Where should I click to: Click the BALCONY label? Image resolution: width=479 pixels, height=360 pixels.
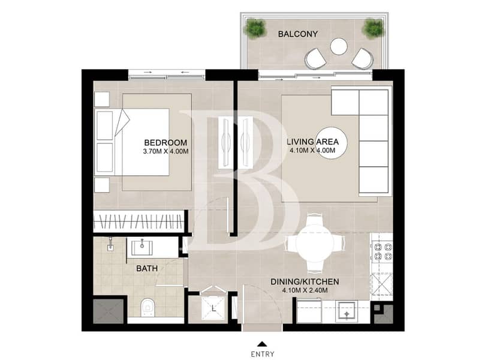298,34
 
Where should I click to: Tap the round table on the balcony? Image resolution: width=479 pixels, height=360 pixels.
339,46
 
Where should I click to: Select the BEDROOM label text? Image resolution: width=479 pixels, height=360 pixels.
165,143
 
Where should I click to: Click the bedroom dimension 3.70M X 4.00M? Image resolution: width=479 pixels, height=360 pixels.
165,151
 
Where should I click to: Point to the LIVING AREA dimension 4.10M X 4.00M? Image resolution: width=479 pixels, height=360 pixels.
312,151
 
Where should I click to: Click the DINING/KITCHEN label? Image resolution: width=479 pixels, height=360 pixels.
305,281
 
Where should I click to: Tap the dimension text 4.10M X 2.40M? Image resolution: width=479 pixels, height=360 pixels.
305,290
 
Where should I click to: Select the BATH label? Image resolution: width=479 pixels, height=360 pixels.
147,269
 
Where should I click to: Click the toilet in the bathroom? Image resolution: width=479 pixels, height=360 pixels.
148,307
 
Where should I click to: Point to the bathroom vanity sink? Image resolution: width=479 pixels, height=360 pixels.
141,247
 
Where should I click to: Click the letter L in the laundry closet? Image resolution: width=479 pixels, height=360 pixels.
214,309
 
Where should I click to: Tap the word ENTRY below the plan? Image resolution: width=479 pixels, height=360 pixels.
263,354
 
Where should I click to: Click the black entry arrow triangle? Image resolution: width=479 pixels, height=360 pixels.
262,344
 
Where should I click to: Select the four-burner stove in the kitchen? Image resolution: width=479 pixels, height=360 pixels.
382,251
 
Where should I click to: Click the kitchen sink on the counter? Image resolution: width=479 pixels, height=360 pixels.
347,311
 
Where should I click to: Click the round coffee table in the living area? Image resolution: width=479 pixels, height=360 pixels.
331,143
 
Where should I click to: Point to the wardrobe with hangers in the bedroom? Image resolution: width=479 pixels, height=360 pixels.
139,221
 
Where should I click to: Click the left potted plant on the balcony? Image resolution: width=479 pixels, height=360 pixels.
255,28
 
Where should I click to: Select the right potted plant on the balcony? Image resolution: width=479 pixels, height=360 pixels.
373,28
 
